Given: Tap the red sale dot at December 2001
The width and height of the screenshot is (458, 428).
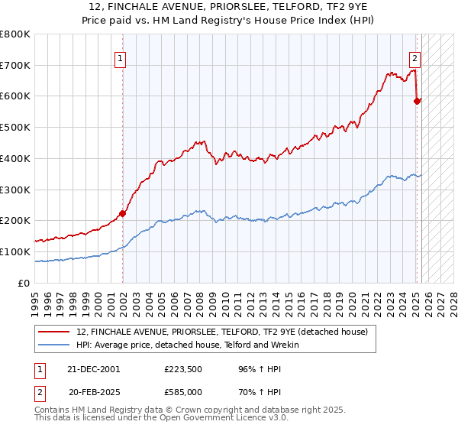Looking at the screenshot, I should coord(123,213).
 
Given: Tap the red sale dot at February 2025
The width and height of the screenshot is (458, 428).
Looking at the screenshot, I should coord(417,100).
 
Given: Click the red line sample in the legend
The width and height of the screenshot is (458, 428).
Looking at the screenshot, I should coord(54,332).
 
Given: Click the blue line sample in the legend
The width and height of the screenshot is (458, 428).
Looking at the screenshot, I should coord(54,345).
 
